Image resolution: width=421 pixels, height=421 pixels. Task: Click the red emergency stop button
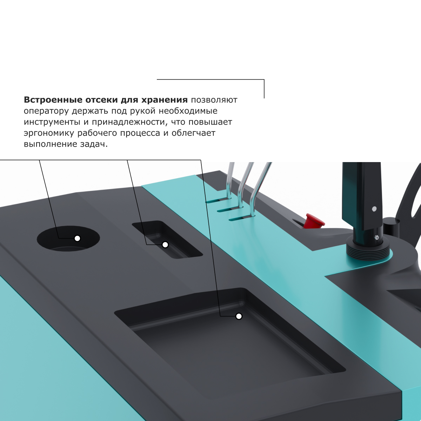314,221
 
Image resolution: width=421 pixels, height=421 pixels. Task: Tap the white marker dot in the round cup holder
78,239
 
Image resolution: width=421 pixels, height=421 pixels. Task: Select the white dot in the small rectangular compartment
165,245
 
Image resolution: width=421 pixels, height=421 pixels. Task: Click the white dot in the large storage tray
239,316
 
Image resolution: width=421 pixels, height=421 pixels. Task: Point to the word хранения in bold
165,100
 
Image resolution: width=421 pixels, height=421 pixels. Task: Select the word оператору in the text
46,111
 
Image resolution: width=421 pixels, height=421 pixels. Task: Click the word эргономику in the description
49,133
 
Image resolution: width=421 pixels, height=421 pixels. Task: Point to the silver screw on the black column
374,209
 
